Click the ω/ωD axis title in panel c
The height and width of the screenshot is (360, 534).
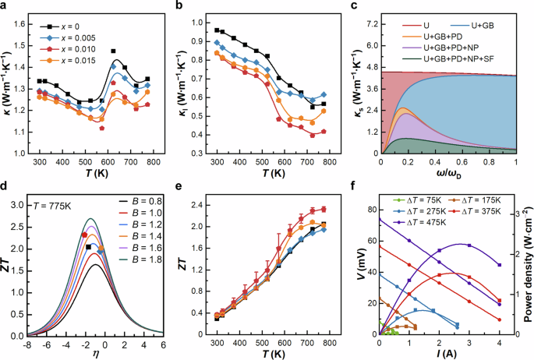click(x=449, y=173)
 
